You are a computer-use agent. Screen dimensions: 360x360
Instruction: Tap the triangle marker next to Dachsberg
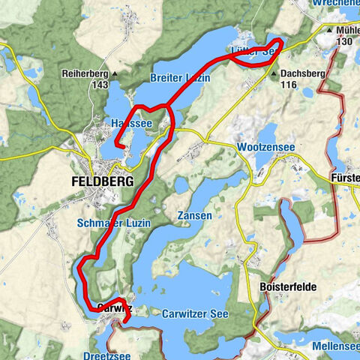[x=274, y=74]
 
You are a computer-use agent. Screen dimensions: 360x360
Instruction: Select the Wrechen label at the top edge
[x=339, y=4]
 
